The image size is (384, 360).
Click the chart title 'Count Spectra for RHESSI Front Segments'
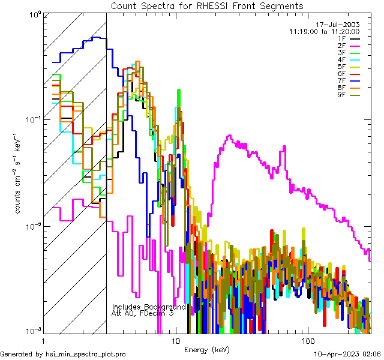coord(207,5)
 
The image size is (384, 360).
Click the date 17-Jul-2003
coord(340,25)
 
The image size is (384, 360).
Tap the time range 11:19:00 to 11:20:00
coord(324,31)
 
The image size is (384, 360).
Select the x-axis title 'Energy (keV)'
coord(207,349)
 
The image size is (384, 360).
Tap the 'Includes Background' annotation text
coord(149,307)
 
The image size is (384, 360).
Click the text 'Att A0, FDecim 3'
coord(142,313)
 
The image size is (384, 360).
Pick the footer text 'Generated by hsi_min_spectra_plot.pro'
coord(63,354)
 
